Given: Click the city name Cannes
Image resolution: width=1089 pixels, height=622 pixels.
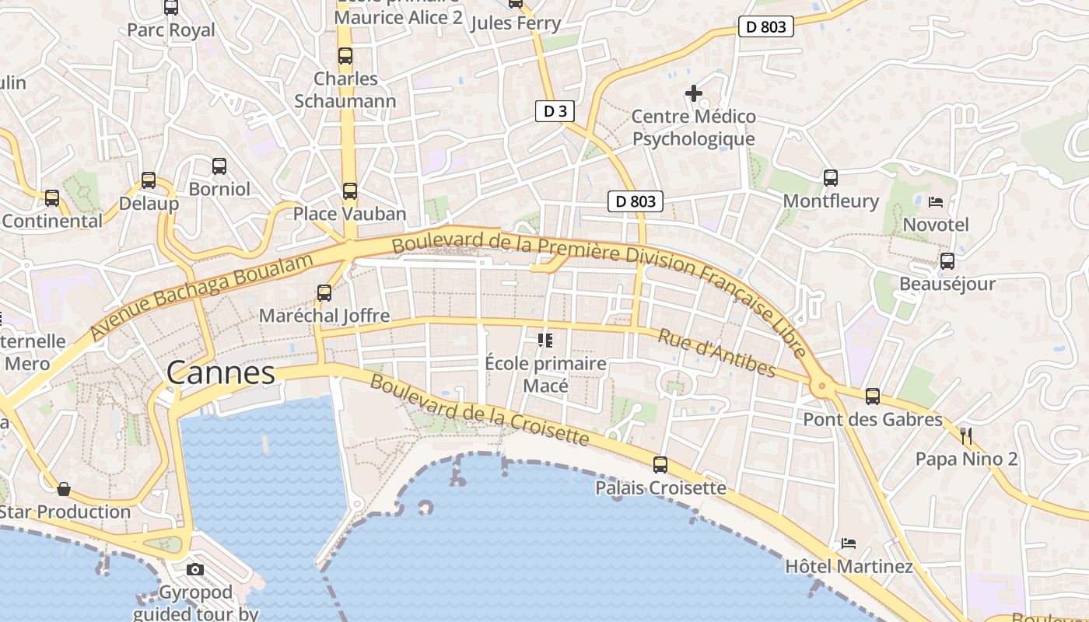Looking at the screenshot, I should tap(221, 373).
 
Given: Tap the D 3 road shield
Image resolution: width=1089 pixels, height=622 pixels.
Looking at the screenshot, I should tap(555, 111).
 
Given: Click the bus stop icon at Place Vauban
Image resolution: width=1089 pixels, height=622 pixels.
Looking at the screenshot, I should tap(350, 190).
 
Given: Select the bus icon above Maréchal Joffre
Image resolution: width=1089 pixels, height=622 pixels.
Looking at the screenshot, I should tap(324, 293).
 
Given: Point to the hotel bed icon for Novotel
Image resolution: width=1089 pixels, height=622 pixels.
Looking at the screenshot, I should tap(936, 202).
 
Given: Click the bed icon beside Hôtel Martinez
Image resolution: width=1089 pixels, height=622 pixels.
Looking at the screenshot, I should tap(849, 543).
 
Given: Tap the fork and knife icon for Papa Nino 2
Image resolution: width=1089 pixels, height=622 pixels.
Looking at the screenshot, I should tap(966, 435).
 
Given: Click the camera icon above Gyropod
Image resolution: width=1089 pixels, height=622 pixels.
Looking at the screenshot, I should tap(195, 569).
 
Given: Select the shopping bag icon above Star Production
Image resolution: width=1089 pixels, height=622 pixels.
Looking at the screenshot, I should tap(64, 489).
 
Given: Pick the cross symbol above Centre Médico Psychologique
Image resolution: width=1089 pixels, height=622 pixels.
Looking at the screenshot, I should tap(693, 94).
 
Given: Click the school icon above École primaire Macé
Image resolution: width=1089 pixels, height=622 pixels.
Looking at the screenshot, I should tap(544, 340).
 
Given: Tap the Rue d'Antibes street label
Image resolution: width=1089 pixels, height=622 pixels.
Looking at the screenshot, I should tap(716, 352).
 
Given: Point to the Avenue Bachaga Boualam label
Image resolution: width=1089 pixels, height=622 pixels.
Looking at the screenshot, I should tap(201, 295).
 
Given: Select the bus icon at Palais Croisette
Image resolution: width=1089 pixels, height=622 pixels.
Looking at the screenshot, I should tap(660, 465).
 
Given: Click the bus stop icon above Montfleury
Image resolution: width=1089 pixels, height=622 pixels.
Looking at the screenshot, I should tap(831, 178).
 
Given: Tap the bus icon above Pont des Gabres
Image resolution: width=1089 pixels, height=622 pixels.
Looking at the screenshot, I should tap(873, 397).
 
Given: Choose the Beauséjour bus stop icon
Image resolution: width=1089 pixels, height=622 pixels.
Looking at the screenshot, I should tap(947, 261).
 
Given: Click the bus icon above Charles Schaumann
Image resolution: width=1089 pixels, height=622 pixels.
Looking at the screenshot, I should tap(345, 56).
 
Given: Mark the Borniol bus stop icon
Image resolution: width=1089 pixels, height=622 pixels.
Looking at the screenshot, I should tap(219, 166).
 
